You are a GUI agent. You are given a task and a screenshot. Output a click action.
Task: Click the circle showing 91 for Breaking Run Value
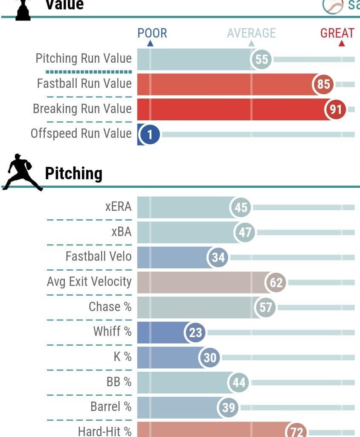click(x=336, y=110)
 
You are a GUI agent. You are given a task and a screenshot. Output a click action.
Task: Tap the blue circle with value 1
click(x=150, y=135)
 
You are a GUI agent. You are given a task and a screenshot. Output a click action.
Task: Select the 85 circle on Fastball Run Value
click(x=323, y=84)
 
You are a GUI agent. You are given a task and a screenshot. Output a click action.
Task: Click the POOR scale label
click(x=152, y=33)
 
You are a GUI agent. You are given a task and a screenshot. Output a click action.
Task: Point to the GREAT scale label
click(x=337, y=33)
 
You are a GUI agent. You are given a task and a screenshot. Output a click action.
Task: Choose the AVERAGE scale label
click(x=251, y=33)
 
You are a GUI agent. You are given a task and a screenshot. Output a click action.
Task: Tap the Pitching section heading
click(x=73, y=174)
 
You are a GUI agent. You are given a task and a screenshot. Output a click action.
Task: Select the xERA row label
click(x=118, y=207)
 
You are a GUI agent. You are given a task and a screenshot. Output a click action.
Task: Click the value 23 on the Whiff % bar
click(x=195, y=332)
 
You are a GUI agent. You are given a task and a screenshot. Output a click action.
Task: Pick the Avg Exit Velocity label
click(x=89, y=282)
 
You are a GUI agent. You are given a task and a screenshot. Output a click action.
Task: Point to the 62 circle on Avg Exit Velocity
click(x=276, y=283)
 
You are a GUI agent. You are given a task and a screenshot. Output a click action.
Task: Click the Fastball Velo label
click(x=99, y=256)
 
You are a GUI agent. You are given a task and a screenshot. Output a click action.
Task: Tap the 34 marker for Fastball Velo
click(x=218, y=258)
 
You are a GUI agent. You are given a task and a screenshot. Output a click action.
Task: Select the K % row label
click(x=122, y=357)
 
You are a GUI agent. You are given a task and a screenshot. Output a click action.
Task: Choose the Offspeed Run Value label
click(x=81, y=134)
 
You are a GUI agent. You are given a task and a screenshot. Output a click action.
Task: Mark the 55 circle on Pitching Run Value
click(x=261, y=59)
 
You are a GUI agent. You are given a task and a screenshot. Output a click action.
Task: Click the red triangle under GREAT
click(x=341, y=44)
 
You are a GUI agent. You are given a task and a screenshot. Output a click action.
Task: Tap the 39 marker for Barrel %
click(x=228, y=408)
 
